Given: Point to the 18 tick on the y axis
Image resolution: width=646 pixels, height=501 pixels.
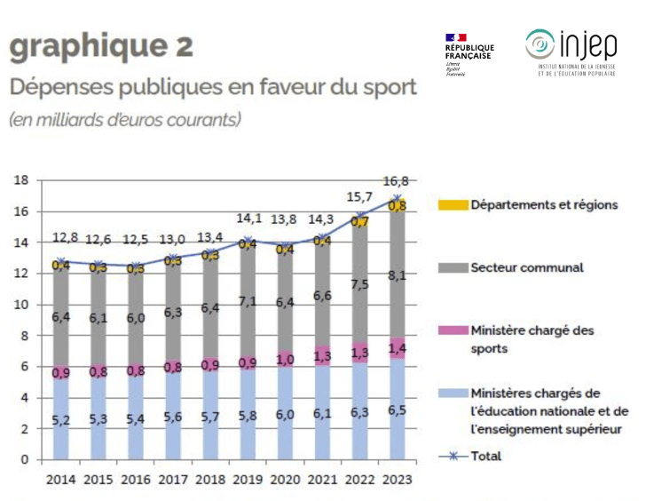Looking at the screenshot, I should (20, 180).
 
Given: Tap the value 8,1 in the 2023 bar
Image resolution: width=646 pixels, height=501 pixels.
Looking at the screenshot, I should (397, 275).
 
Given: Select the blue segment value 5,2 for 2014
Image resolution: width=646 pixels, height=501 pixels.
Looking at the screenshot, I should (61, 418).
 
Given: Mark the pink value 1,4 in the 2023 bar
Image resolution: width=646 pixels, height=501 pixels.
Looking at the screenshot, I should (397, 348).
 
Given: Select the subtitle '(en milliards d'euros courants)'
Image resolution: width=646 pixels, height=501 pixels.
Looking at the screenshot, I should (125, 119).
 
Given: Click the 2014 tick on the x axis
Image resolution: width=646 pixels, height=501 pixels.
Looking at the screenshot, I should (61, 481).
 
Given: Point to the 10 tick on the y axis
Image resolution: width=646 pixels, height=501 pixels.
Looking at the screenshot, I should (20, 305).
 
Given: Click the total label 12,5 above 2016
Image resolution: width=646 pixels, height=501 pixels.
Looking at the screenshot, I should (135, 239).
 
